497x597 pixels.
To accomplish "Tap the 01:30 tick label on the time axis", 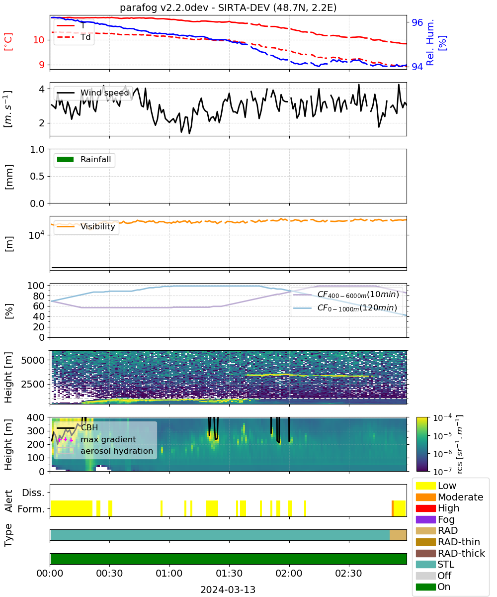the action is point(229,573).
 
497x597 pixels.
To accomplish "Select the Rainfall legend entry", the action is point(84,159).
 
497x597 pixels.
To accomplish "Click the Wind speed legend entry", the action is point(93,93).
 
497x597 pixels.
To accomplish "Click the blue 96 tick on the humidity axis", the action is point(417,22).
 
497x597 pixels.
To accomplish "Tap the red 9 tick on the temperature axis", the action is point(42,65).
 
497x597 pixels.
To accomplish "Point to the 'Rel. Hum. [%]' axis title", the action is point(435,42).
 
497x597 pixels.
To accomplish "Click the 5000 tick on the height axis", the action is point(33,360).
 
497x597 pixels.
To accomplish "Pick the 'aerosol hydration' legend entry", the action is point(105,451).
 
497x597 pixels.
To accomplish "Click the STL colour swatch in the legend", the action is point(425,564).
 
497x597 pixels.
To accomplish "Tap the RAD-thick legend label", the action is point(461,553).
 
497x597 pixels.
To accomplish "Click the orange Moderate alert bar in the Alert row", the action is point(393,508).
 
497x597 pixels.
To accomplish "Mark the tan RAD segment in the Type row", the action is point(398,535).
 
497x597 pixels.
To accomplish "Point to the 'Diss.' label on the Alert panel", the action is point(33,493).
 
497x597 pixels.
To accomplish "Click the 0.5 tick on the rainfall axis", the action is point(37,176).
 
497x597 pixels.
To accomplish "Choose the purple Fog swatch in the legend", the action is point(425,519).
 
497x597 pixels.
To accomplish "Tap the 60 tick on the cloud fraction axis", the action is point(39,306).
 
